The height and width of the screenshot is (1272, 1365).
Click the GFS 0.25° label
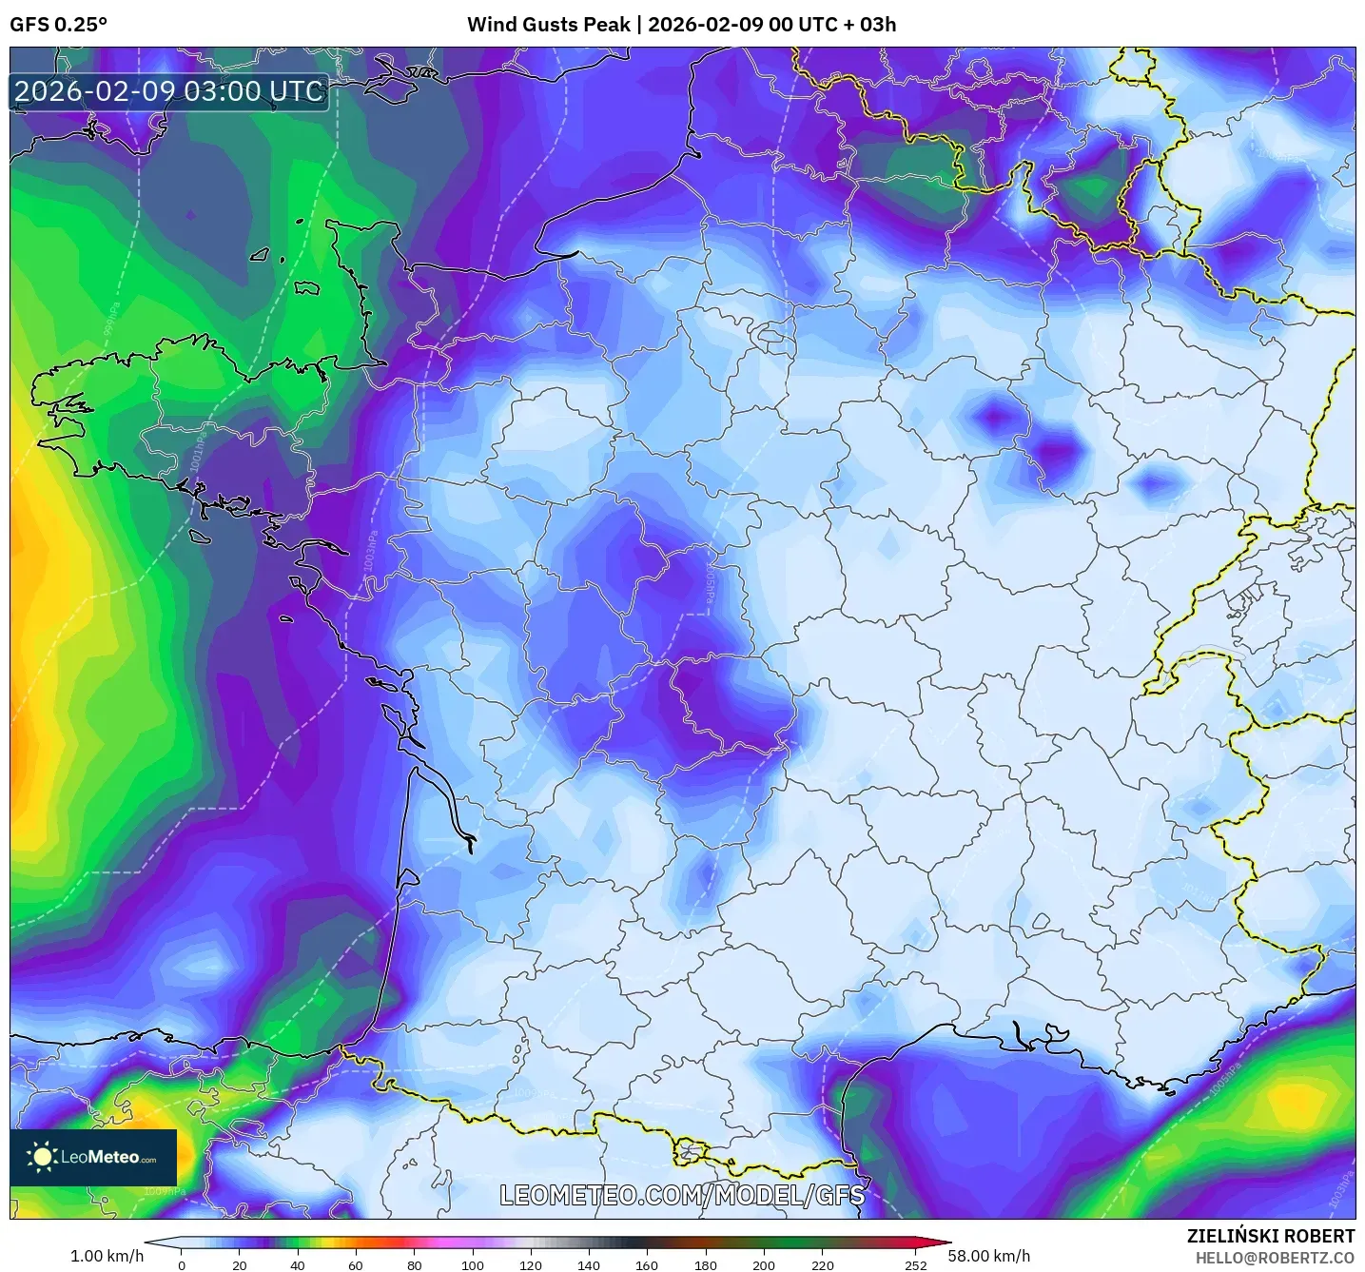(58, 25)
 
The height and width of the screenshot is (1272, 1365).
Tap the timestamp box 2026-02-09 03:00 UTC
(169, 92)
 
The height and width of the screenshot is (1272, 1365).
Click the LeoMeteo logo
(93, 1157)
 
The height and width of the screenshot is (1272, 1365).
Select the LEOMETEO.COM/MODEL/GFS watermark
(682, 1195)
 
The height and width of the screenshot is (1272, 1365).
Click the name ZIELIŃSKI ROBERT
(1270, 1236)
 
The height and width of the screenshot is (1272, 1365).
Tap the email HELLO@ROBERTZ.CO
(1275, 1258)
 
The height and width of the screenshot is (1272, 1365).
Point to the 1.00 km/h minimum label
(107, 1256)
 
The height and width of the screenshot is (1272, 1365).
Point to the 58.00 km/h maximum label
(989, 1256)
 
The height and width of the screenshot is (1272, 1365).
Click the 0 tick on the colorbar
(182, 1264)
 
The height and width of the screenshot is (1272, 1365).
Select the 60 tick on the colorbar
(356, 1264)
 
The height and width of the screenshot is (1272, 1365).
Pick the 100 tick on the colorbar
(473, 1264)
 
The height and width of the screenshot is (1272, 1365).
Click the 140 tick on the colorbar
(589, 1264)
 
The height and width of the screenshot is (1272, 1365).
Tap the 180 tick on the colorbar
(706, 1264)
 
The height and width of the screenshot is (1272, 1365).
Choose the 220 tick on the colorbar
(823, 1264)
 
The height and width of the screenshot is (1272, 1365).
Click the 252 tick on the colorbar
(915, 1264)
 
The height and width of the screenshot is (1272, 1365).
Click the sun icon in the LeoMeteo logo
(43, 1157)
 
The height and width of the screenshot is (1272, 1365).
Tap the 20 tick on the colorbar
(240, 1264)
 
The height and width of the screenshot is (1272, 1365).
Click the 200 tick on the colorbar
(764, 1264)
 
